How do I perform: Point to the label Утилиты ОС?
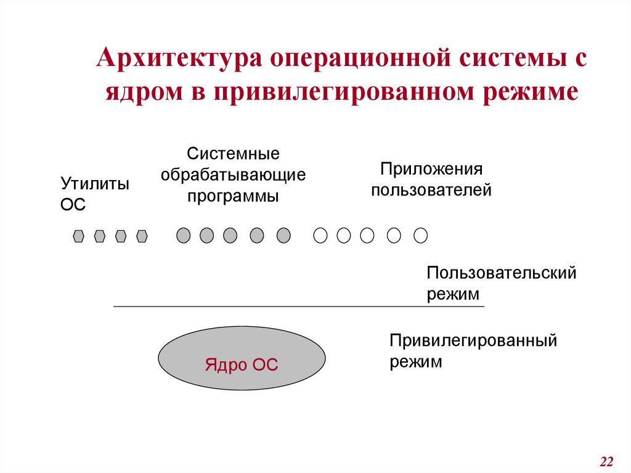click(x=94, y=193)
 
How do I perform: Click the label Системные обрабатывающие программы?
click(x=234, y=175)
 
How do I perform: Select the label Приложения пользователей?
click(x=431, y=179)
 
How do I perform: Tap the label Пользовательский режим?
click(x=501, y=282)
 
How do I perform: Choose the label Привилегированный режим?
click(x=473, y=350)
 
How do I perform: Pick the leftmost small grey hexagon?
click(x=78, y=236)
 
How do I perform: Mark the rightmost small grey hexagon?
click(x=142, y=236)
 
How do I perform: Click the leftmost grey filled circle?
click(x=184, y=235)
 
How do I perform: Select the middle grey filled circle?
click(x=230, y=235)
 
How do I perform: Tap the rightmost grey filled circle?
click(x=283, y=235)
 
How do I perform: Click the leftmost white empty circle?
click(x=320, y=235)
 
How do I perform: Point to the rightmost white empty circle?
click(x=420, y=235)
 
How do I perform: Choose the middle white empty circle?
click(x=367, y=235)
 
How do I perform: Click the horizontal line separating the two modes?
click(x=299, y=306)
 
